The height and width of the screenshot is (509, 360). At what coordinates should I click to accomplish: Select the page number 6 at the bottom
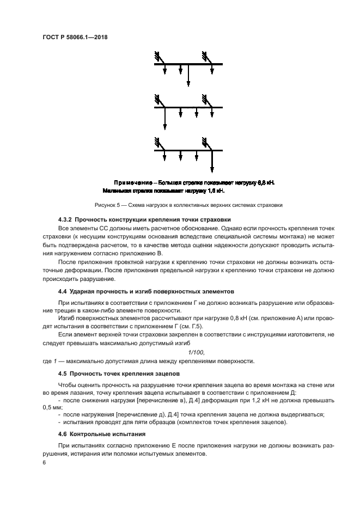[x=44, y=462]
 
